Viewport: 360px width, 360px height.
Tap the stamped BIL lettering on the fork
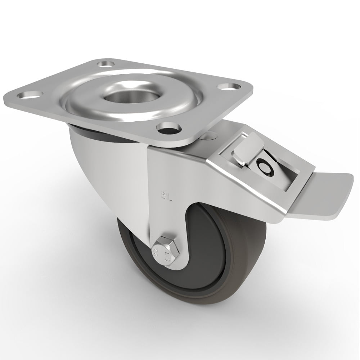pyautogui.click(x=165, y=196)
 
